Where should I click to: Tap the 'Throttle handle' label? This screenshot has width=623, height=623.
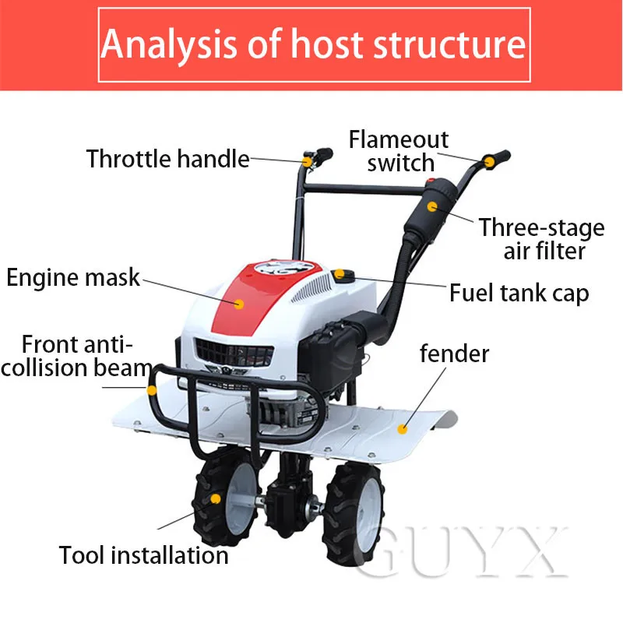click(167, 159)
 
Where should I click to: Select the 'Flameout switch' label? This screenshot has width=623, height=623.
click(399, 151)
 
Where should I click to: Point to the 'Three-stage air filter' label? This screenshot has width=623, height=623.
click(542, 239)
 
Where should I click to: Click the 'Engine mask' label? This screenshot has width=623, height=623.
click(73, 276)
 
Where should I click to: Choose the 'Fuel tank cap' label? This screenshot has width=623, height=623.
click(519, 293)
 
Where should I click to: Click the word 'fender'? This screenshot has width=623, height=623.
click(454, 354)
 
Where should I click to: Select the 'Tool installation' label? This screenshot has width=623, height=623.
click(143, 555)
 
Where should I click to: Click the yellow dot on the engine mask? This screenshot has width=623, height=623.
click(239, 304)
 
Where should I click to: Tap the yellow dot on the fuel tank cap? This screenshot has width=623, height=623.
click(340, 274)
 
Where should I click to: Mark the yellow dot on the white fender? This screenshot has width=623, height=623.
click(403, 428)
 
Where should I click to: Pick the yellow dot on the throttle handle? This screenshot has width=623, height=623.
click(308, 161)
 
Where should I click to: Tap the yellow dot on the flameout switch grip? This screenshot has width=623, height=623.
click(490, 162)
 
